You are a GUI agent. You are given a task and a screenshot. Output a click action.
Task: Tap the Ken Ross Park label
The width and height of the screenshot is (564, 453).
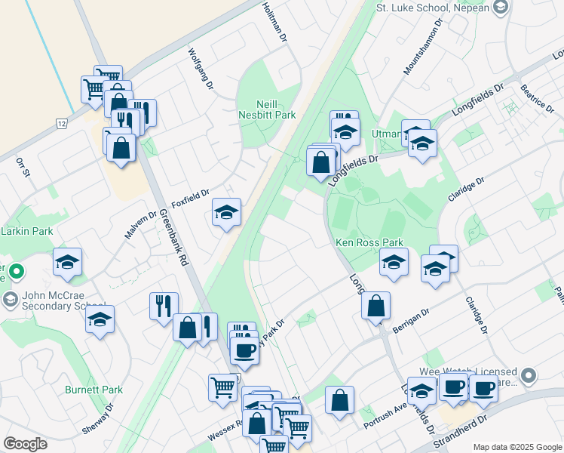370,243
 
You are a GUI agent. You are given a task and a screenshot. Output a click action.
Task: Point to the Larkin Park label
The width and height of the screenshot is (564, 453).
26,230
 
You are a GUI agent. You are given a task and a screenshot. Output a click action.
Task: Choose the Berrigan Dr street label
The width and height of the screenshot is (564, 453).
410,320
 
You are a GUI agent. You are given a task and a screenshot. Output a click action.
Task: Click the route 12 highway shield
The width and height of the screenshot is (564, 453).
61,123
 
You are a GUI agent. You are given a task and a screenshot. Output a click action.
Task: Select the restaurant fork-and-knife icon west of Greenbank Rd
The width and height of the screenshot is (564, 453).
164,306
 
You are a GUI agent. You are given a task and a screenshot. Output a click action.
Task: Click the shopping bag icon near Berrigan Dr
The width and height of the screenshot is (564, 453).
375,306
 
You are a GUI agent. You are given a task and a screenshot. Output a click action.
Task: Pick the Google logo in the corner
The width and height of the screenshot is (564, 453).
25,444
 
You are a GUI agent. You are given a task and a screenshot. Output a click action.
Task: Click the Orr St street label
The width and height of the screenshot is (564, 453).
23,168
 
